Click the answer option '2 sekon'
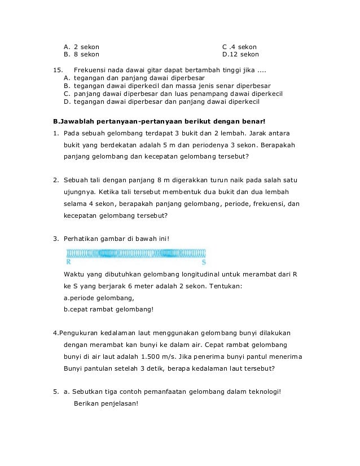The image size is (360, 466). click(86, 46)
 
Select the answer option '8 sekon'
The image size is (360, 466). click(86, 55)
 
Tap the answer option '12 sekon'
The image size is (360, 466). click(244, 55)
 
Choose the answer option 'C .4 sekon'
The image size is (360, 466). click(240, 46)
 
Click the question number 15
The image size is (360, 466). click(56, 70)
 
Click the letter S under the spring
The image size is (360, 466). click(204, 262)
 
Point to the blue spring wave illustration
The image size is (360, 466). click(135, 253)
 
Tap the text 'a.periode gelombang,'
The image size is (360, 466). click(99, 298)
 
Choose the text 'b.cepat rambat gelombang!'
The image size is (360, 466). click(108, 309)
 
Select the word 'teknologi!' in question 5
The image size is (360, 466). click(263, 392)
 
